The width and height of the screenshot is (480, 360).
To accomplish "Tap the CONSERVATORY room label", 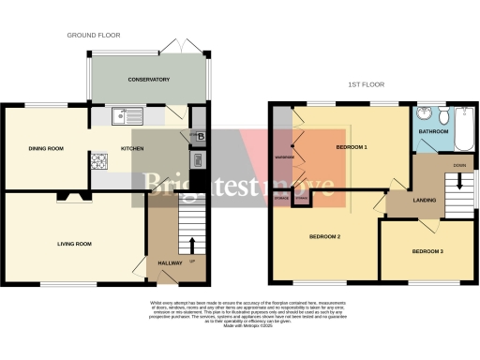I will coord(149,80).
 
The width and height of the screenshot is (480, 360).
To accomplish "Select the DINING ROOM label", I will coord(45,148).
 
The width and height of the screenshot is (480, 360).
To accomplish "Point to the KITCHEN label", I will coord(131,148).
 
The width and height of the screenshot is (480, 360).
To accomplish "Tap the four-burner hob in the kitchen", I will coord(100,160).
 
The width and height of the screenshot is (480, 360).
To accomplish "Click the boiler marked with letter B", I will coord(199,137).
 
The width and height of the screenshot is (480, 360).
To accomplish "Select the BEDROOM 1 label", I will coord(352,148).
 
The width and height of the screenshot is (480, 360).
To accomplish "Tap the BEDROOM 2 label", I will coord(324,237).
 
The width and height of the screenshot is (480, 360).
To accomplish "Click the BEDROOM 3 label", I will coord(427,252).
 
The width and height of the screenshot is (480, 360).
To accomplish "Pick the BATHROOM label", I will coord(446,144).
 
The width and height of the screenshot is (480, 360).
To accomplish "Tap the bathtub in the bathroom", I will coord(465,126).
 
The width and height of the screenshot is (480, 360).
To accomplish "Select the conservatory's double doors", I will coord(174,47).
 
